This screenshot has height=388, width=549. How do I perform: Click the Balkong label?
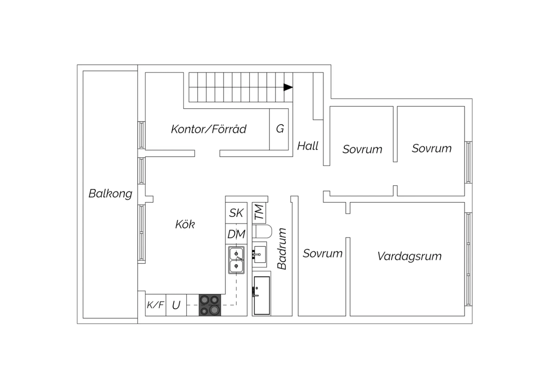coord(110,194)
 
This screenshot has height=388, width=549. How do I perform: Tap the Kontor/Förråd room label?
coord(209,129)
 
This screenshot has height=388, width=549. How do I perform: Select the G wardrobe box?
coord(279,129)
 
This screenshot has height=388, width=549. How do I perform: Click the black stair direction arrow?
coord(288,87)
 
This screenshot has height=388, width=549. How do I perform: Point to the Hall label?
coord(307,146)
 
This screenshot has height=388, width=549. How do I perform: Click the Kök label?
coord(185,224)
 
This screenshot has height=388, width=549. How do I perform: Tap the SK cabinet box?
coord(236,213)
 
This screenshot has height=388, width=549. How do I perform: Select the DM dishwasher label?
coord(236,234)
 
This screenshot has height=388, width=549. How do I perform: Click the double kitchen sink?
coord(236,260)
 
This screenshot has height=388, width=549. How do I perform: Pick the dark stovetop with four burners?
coord(210,305)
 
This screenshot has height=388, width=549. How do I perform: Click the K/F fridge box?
coord(156,305)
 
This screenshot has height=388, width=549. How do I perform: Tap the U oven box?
coord(176,305)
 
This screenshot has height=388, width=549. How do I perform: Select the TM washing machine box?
coord(259,213)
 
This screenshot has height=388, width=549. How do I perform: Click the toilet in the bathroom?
coord(262,231)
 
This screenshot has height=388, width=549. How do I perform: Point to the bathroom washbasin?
coord(259,254)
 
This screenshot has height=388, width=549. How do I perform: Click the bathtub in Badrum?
coord(262,296)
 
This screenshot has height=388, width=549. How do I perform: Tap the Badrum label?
coord(282,249)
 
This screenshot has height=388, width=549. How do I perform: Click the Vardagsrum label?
coord(409,256)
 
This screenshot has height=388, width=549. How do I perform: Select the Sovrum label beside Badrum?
coord(322,253)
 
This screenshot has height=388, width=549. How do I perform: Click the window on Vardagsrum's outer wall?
coord(468,259)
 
